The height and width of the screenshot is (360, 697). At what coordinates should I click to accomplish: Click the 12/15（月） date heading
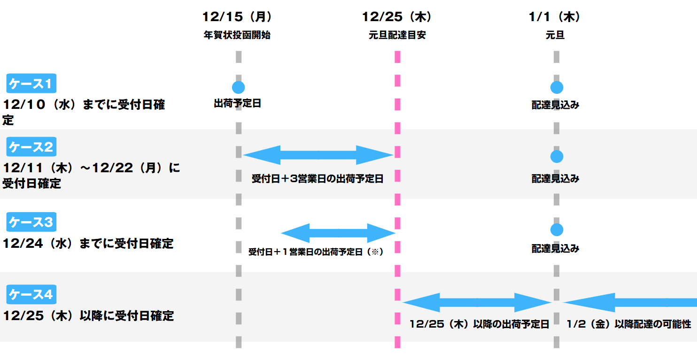click(x=238, y=17)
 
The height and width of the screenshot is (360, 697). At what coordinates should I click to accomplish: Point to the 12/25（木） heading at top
click(x=397, y=17)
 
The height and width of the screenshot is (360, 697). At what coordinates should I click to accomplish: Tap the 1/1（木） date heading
click(x=555, y=17)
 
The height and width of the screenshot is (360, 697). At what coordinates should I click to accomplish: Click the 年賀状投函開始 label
click(x=238, y=35)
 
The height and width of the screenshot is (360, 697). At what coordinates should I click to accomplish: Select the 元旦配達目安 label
click(x=397, y=35)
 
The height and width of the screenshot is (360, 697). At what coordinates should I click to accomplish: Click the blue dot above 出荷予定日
click(x=238, y=87)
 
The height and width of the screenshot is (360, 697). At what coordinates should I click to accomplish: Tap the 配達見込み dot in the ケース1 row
click(x=557, y=87)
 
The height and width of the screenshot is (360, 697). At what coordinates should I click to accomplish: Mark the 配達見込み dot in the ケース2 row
click(x=557, y=156)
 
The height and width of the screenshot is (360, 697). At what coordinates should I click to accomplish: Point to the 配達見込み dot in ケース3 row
click(x=557, y=230)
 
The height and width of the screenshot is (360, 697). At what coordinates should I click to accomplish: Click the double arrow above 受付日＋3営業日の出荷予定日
click(x=318, y=155)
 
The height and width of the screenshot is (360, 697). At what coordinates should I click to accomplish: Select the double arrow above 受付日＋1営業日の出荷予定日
click(x=338, y=233)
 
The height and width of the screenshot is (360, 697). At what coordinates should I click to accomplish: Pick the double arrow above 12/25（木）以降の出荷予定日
click(x=476, y=302)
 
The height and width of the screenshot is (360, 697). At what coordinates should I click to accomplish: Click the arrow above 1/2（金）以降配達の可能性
click(x=630, y=302)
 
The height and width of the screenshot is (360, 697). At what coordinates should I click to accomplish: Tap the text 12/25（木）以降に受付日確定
click(x=88, y=316)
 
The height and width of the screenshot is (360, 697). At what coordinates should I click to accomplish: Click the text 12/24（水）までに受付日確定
click(x=88, y=244)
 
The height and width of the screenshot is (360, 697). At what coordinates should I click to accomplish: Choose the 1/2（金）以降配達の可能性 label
click(x=629, y=324)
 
